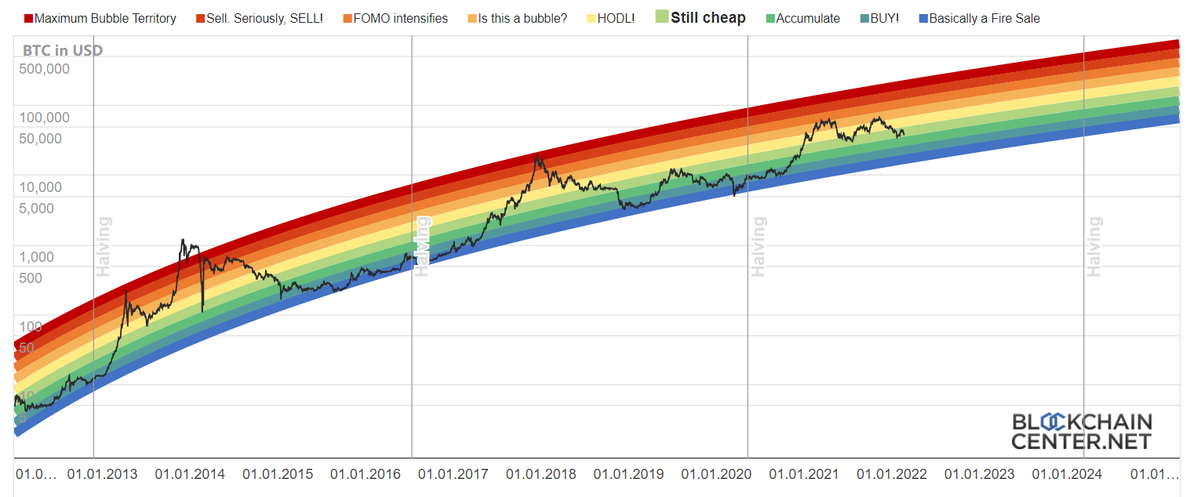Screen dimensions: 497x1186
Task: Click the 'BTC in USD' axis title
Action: [63, 51]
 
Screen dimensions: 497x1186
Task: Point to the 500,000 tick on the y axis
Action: [44, 68]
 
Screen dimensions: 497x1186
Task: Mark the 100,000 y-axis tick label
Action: [44, 118]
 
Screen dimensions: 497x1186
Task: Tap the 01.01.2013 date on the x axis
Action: [102, 474]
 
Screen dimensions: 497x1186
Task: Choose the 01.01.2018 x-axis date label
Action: [540, 474]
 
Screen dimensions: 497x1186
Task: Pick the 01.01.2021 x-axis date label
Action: [803, 474]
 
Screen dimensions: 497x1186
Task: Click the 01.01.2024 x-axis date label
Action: [1066, 474]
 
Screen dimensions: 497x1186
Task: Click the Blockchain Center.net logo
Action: [1081, 431]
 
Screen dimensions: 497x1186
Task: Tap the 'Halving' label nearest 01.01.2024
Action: [1094, 247]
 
